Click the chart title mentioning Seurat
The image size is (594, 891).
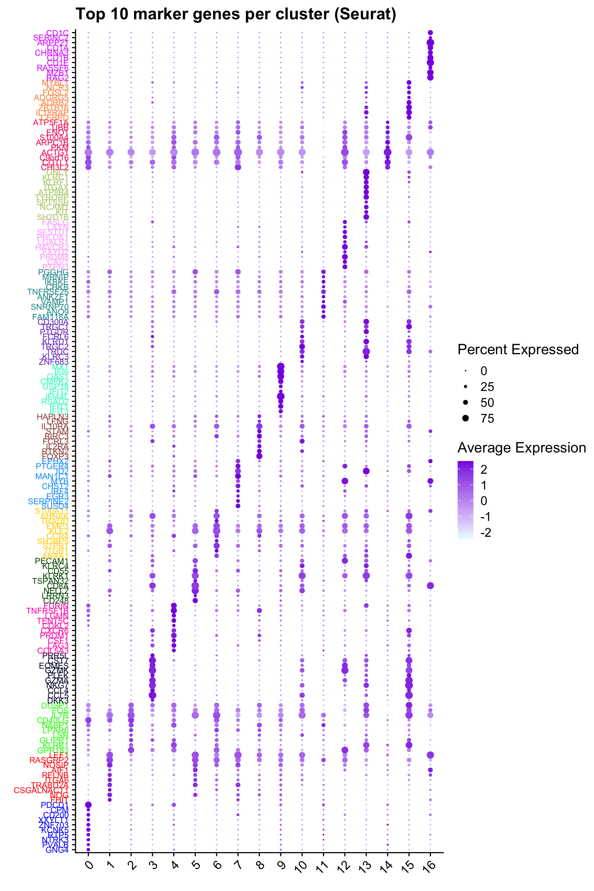pyautogui.click(x=236, y=14)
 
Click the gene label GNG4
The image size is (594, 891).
pyautogui.click(x=57, y=850)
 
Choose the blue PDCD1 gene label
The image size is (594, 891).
pyautogui.click(x=55, y=805)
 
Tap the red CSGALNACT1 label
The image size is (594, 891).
pyautogui.click(x=41, y=790)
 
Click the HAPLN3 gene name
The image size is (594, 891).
pyautogui.click(x=53, y=416)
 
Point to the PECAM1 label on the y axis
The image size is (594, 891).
pyautogui.click(x=51, y=561)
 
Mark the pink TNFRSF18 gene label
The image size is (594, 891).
pyautogui.click(x=47, y=611)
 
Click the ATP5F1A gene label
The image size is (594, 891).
pyautogui.click(x=51, y=123)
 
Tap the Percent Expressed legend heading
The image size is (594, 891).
pyautogui.click(x=518, y=350)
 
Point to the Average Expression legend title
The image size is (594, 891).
pyautogui.click(x=521, y=448)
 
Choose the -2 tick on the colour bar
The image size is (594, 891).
pyautogui.click(x=485, y=533)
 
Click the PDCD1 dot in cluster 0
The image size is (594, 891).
pyautogui.click(x=88, y=805)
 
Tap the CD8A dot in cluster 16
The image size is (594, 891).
pyautogui.click(x=430, y=586)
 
